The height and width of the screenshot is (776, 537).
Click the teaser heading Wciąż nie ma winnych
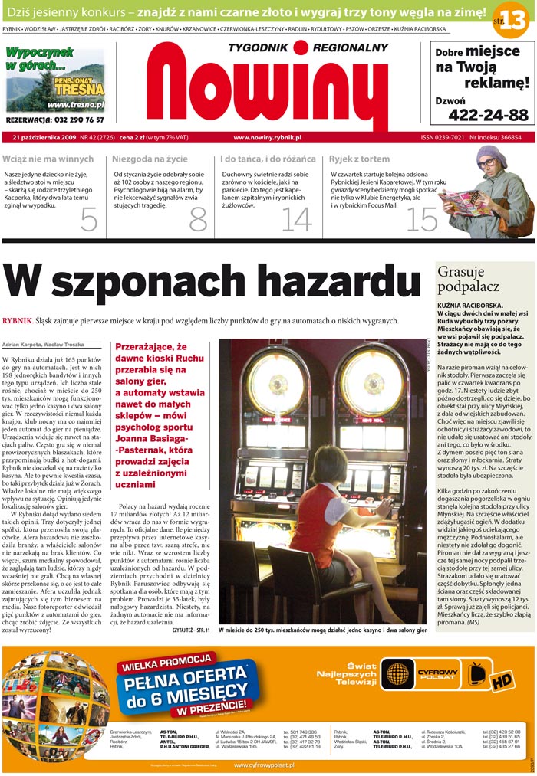(x=48, y=159)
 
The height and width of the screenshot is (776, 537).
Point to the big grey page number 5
(x=89, y=220)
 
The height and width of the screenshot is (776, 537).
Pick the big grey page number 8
(x=198, y=220)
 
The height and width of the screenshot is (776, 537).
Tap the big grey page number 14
(x=297, y=220)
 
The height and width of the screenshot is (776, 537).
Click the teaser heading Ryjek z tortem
(x=359, y=159)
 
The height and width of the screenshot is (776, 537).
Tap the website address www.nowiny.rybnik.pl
(x=267, y=138)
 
